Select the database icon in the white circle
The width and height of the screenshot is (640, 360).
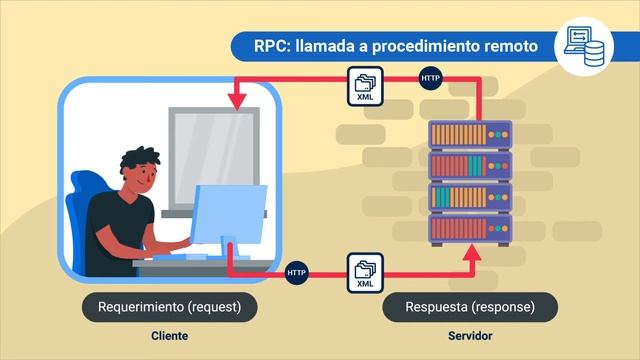(x=588, y=46)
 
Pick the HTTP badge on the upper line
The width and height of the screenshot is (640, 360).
(x=430, y=78)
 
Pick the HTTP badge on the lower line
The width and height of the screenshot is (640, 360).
(x=297, y=272)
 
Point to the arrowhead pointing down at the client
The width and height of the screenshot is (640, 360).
(x=238, y=101)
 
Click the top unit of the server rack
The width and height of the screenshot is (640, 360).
(x=469, y=134)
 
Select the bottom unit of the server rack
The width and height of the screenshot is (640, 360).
(x=469, y=227)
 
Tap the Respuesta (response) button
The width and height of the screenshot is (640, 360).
(x=469, y=305)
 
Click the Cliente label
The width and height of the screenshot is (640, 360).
(x=170, y=337)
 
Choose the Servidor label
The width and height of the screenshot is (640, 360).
(x=469, y=337)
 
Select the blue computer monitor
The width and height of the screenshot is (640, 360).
(x=229, y=214)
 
